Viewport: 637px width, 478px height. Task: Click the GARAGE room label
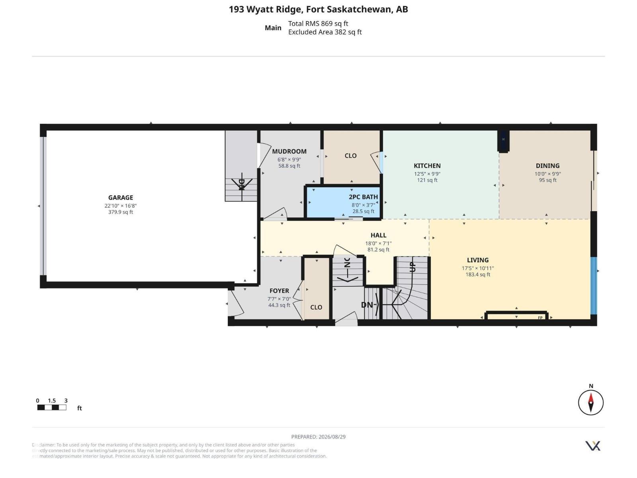(x=121, y=198)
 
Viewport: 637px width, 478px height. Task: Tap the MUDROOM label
(x=289, y=151)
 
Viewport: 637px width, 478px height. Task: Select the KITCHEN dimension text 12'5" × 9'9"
(x=427, y=174)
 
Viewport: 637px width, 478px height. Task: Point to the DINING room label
(x=547, y=166)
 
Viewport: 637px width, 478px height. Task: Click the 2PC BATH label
(x=363, y=197)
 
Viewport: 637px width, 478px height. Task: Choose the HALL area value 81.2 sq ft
(x=378, y=250)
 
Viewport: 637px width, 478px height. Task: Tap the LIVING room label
(x=477, y=260)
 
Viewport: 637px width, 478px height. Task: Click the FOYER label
(x=279, y=291)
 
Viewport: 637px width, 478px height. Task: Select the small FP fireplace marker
(x=540, y=318)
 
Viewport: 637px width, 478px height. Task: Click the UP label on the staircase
(x=412, y=267)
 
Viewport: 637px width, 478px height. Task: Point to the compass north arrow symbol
(x=590, y=403)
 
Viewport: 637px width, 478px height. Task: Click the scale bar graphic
(x=52, y=407)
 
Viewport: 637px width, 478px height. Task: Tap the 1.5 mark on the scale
(x=52, y=401)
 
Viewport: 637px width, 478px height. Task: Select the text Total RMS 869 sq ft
(x=318, y=24)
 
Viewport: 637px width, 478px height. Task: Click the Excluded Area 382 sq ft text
(x=325, y=32)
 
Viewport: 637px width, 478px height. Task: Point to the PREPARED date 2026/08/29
(x=332, y=437)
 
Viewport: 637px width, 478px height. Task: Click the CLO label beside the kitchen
(x=350, y=156)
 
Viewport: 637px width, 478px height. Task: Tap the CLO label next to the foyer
(x=316, y=308)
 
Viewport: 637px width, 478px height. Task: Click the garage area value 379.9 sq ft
(x=121, y=212)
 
